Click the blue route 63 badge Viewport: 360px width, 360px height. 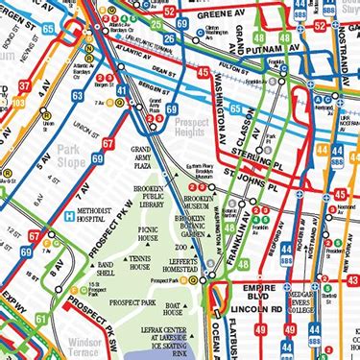click(77, 96)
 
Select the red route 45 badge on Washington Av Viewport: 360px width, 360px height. click(203, 71)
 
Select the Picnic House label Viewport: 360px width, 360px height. click(148, 234)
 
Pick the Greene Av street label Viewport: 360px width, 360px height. click(236, 16)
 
